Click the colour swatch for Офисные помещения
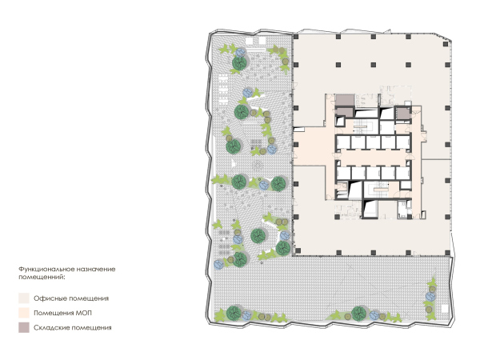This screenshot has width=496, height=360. tap(24, 298)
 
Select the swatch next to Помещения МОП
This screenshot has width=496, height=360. tap(24, 313)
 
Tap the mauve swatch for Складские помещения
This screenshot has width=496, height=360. tap(24, 327)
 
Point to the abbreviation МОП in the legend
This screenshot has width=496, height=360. tap(84, 313)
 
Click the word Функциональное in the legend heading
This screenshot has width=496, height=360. tap(47, 270)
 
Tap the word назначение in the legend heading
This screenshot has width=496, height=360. tap(97, 270)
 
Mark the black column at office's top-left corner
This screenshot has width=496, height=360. tap(296, 37)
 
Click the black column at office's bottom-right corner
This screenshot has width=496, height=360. tap(447, 253)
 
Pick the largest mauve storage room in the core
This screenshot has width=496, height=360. tap(345, 100)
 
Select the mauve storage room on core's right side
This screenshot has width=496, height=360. tap(402, 114)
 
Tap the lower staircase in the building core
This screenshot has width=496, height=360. tap(378, 189)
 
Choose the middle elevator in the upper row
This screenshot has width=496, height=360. tap(374, 142)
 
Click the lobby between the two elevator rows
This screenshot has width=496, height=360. tap(374, 158)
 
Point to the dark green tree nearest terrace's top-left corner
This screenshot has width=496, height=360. tap(239, 63)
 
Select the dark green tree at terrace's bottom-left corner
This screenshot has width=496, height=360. tap(234, 313)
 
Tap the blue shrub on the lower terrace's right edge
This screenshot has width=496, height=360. tap(430, 297)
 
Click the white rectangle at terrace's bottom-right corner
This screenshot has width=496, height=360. tap(445, 309)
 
